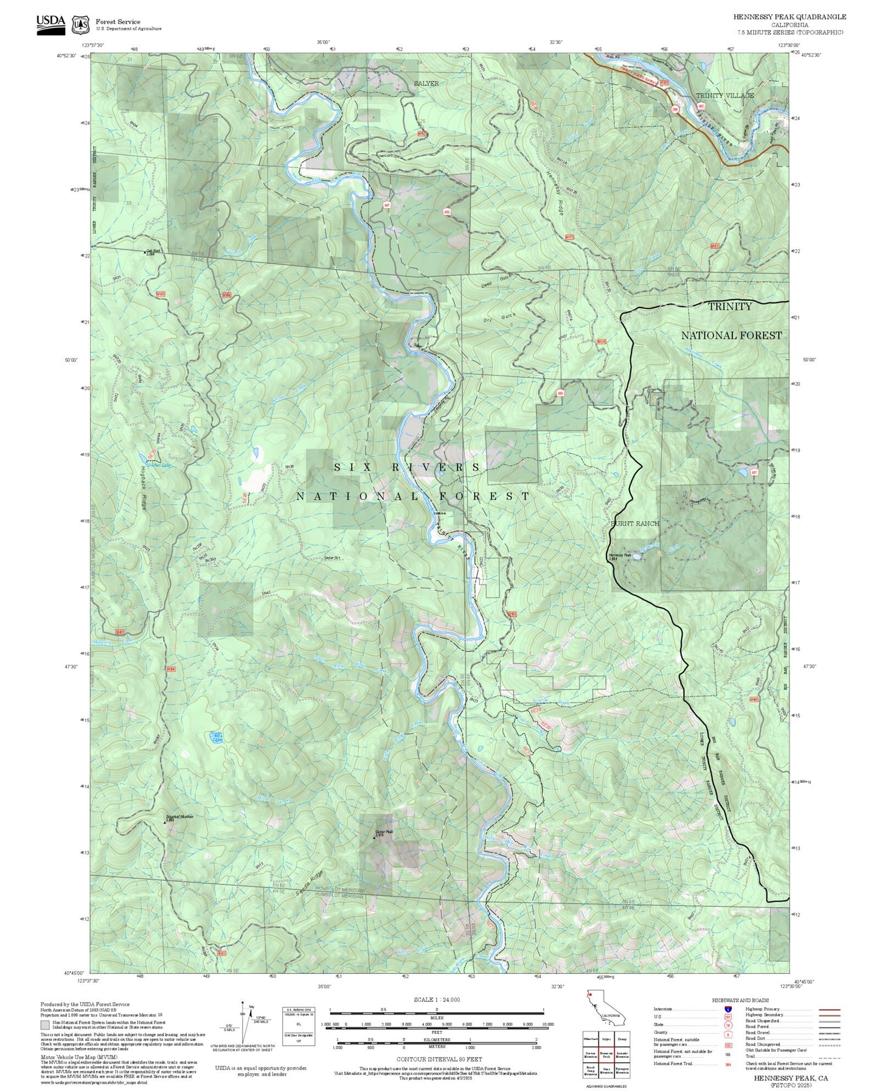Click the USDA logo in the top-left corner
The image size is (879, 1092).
pyautogui.click(x=50, y=24)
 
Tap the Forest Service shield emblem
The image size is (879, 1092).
pyautogui.click(x=80, y=24)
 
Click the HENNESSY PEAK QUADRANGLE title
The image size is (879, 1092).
pyautogui.click(x=789, y=17)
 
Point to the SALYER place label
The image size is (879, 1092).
pyautogui.click(x=426, y=83)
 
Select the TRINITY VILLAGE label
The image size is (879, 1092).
pyautogui.click(x=724, y=96)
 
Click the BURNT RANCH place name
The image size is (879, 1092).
pyautogui.click(x=634, y=523)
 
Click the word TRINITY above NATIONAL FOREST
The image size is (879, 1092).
pyautogui.click(x=729, y=307)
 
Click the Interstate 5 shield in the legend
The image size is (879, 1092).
pyautogui.click(x=728, y=1009)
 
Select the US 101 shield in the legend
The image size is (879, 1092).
pyautogui.click(x=728, y=1017)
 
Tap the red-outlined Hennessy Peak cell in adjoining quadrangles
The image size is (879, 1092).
pyautogui.click(x=605, y=1054)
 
